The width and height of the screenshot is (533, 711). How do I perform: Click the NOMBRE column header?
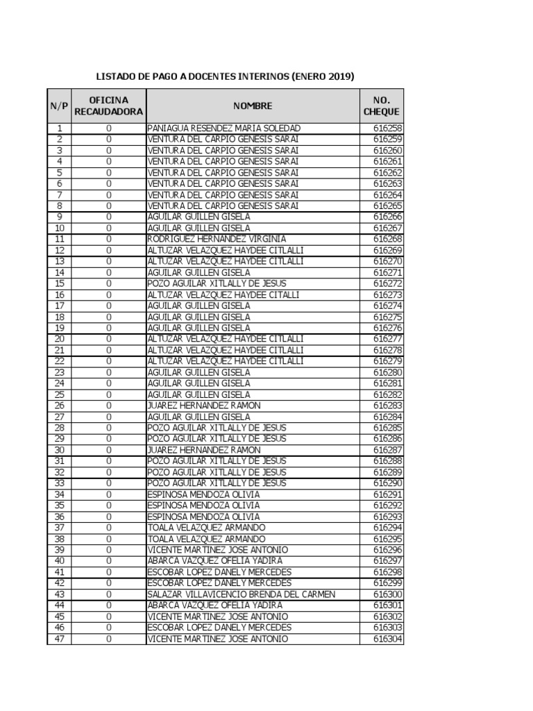(253, 106)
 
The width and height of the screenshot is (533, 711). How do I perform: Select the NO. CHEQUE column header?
(381, 106)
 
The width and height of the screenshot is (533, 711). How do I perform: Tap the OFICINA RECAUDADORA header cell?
(109, 106)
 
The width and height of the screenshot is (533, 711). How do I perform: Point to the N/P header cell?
(59, 106)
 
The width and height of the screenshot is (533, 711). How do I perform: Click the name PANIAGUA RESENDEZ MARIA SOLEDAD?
(224, 128)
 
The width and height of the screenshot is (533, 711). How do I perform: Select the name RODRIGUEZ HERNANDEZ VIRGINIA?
(217, 240)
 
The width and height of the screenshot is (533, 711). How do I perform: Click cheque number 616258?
(387, 128)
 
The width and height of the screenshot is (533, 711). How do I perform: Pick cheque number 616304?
(387, 639)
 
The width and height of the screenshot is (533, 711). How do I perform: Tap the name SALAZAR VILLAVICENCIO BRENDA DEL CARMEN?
(242, 594)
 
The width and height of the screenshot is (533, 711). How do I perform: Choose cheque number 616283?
(387, 405)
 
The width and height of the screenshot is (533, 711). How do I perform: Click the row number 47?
(59, 639)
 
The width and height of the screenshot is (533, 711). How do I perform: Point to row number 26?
(59, 405)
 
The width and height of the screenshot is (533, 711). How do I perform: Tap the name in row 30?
(204, 450)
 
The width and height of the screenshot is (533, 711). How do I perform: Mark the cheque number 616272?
(387, 284)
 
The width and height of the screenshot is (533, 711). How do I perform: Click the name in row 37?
(206, 528)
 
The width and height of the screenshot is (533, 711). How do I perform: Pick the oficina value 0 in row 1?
(109, 128)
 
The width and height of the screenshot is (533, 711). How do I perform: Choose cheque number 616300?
(387, 594)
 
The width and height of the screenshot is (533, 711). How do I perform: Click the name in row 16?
(223, 295)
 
